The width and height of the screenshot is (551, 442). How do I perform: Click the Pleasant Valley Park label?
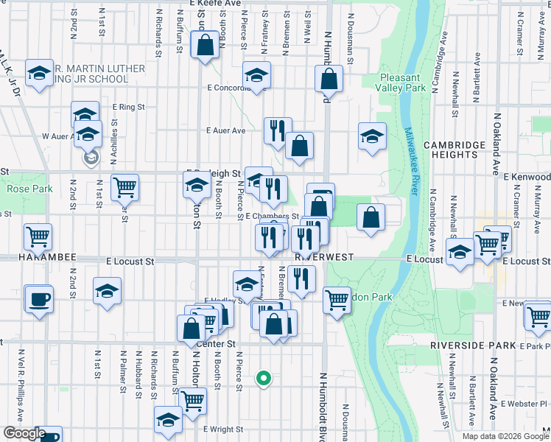[403, 83]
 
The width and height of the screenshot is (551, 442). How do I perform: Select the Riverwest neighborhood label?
[325, 257]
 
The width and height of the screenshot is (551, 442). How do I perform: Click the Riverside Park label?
[466, 345]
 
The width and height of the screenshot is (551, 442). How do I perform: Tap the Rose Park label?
[26, 189]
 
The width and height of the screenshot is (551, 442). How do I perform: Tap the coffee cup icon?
[38, 299]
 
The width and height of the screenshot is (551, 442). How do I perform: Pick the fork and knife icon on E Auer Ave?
[278, 131]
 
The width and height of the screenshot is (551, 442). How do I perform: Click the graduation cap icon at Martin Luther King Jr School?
[39, 73]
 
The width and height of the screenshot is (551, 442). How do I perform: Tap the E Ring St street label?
[129, 107]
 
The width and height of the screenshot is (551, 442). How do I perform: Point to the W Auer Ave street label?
[56, 136]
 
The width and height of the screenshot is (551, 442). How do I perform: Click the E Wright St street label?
[223, 429]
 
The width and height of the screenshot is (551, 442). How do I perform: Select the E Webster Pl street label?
[522, 404]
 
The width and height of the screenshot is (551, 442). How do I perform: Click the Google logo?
[24, 433]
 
